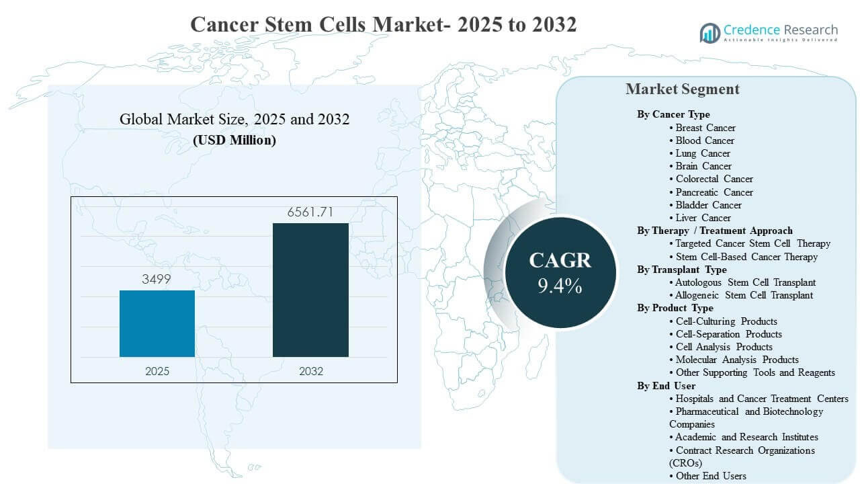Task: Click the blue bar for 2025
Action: [157, 323]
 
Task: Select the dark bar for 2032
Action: [310, 290]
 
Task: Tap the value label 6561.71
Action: [310, 212]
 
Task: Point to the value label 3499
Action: [157, 280]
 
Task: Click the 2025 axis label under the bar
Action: [157, 371]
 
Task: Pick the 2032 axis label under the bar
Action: [310, 371]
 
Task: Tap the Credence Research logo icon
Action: [709, 32]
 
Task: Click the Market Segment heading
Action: [682, 89]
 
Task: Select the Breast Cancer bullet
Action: [705, 128]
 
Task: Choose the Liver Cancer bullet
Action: [703, 218]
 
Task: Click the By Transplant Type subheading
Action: [682, 270]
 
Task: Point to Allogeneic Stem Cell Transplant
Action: [744, 295]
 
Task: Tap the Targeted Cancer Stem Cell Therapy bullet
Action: [752, 243]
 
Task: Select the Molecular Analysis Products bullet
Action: [736, 360]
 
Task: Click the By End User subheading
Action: [666, 386]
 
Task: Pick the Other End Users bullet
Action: [710, 476]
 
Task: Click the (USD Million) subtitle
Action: [234, 140]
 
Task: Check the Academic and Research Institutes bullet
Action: [746, 437]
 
